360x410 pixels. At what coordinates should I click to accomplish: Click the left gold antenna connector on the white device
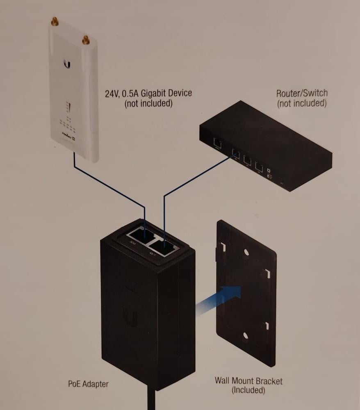click(x=54, y=21)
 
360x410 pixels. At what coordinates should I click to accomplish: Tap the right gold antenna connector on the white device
click(x=85, y=39)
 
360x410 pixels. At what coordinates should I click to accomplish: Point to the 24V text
click(x=112, y=93)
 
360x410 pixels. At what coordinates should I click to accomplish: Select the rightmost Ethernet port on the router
click(x=258, y=166)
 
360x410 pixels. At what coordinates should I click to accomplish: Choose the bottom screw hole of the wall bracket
click(x=245, y=336)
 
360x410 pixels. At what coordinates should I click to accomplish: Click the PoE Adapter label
click(x=88, y=384)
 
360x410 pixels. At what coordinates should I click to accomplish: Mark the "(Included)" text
click(x=248, y=390)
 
